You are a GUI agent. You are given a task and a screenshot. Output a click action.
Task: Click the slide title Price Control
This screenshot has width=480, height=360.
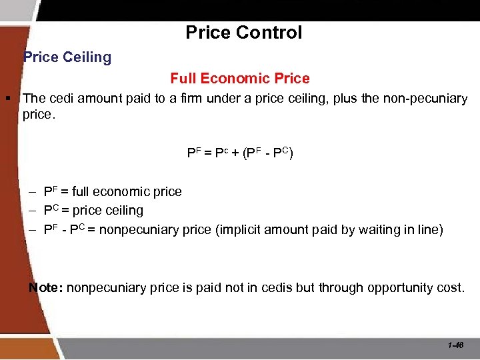click(x=243, y=32)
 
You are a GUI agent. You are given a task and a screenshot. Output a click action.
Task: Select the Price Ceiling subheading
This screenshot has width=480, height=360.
click(x=67, y=57)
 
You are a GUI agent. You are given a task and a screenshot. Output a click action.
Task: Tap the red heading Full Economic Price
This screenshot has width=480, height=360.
click(x=240, y=79)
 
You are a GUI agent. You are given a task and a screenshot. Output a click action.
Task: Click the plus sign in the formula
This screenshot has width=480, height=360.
click(x=237, y=153)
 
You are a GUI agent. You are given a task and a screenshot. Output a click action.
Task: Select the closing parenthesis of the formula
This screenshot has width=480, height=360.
click(x=291, y=153)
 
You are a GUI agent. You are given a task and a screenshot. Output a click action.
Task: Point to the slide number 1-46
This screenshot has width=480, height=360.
click(x=457, y=345)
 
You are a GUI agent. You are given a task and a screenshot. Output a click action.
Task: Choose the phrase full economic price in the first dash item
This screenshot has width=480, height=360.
click(x=127, y=192)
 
